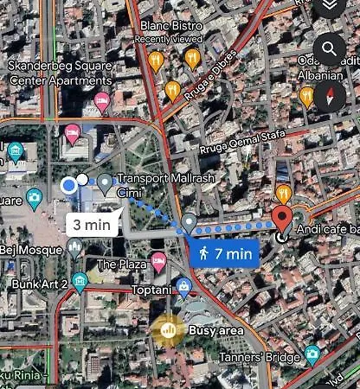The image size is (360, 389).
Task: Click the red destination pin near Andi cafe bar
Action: point(282,216)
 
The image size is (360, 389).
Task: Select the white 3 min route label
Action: point(91,224)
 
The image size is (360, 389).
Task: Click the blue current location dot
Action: point(69,184)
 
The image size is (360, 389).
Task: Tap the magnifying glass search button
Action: point(330,49)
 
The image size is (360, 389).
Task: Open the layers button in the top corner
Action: point(330,8)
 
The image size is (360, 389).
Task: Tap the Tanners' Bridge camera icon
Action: point(312,354)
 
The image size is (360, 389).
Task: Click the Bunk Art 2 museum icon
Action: point(80,281)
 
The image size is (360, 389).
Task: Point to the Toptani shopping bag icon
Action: point(183,286)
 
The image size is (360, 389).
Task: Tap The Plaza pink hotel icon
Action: point(157,260)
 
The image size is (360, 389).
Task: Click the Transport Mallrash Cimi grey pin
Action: point(105,182)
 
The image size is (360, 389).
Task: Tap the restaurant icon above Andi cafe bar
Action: point(283,191)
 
